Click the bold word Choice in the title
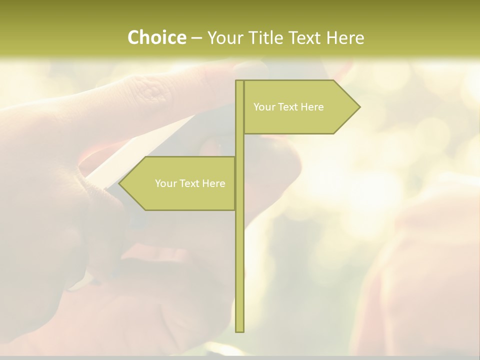click(x=156, y=37)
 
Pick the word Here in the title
click(x=345, y=37)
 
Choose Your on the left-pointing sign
click(x=165, y=183)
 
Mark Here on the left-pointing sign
click(x=213, y=183)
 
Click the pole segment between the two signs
click(x=239, y=145)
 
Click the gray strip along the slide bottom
click(x=240, y=357)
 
